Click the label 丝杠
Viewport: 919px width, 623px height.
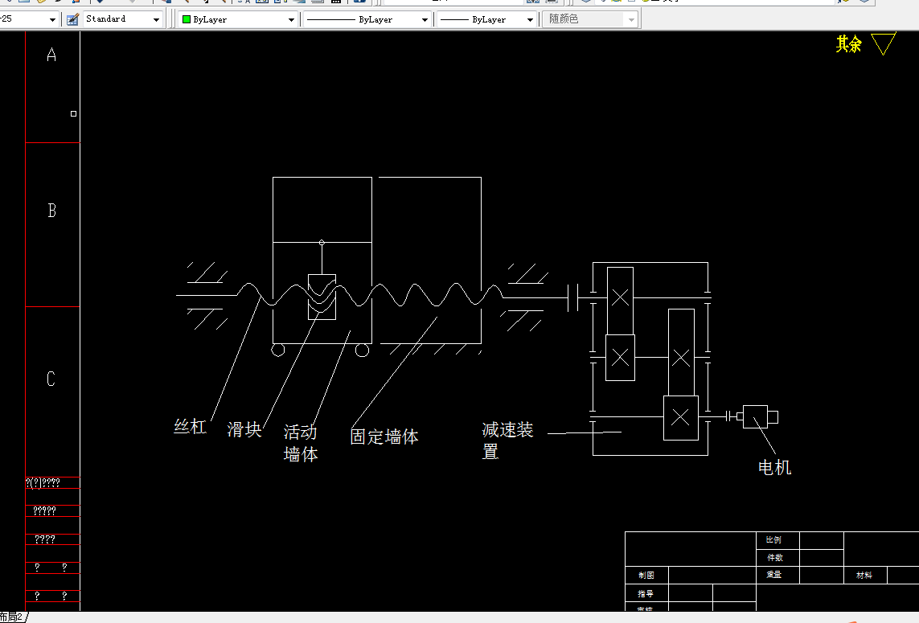click(x=191, y=427)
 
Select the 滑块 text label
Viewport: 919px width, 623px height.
click(x=244, y=429)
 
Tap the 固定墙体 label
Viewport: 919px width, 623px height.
click(x=384, y=437)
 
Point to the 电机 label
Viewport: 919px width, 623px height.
click(x=774, y=467)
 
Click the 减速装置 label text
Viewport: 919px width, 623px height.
click(x=507, y=441)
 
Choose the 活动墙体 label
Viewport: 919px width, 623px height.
click(x=301, y=443)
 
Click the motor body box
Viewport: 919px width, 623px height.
click(x=755, y=416)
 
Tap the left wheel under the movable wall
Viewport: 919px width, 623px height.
click(x=278, y=350)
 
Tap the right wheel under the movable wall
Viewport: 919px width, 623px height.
click(x=362, y=350)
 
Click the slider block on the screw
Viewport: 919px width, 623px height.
click(x=322, y=297)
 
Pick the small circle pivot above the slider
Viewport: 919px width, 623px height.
click(x=322, y=242)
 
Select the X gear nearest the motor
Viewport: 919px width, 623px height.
click(x=680, y=417)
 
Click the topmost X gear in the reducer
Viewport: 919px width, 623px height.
click(x=620, y=297)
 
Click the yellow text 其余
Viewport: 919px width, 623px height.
click(x=848, y=44)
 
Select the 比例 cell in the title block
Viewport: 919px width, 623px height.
click(x=774, y=540)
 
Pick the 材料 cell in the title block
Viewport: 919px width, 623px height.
click(x=864, y=576)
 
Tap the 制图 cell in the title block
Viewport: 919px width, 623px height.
click(x=646, y=576)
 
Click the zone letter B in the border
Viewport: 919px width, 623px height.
click(x=52, y=211)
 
